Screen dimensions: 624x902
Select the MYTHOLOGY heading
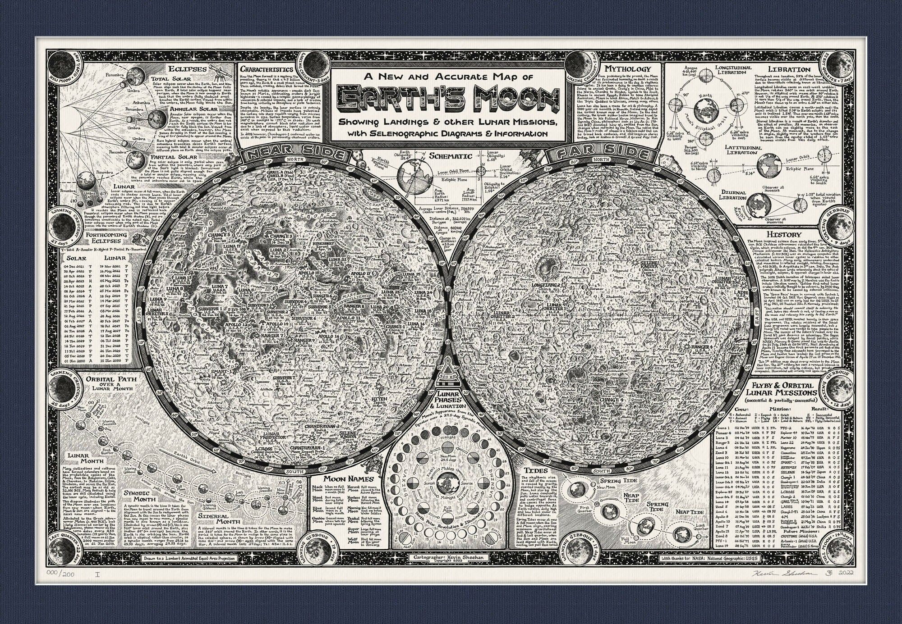pyautogui.click(x=627, y=69)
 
